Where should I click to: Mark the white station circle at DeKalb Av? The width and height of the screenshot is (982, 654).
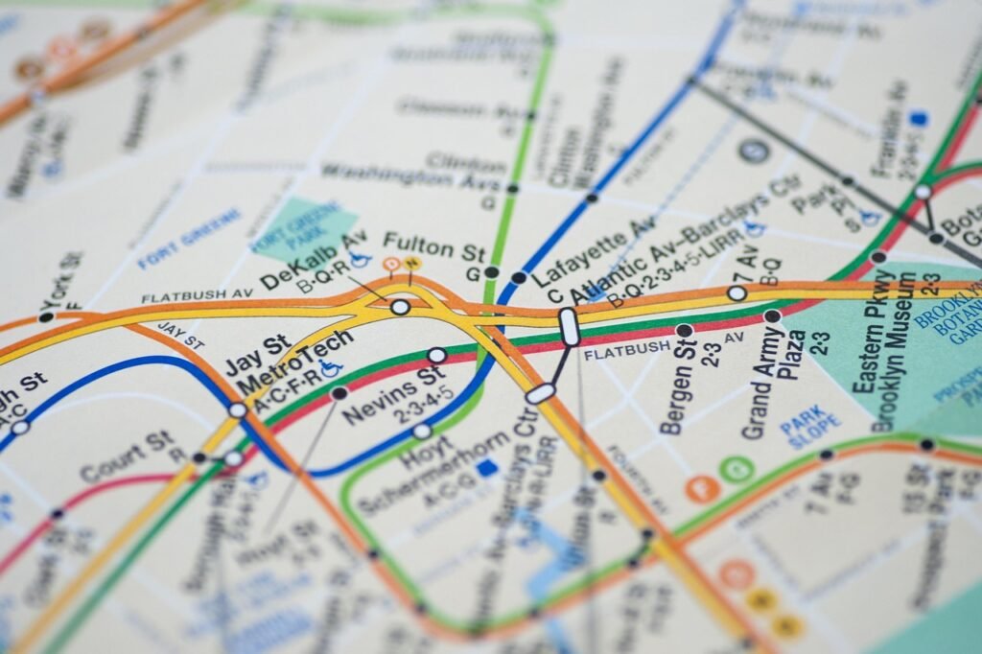point(400,307)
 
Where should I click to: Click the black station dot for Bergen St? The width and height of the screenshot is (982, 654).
point(684,331)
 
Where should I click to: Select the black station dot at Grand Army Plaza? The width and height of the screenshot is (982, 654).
point(772,315)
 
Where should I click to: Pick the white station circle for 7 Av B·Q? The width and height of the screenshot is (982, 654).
point(736,292)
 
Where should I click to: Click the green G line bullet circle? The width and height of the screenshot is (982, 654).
point(736,470)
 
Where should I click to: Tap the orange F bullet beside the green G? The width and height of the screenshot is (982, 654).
point(702,488)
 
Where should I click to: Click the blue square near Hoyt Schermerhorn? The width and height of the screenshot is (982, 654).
point(488,468)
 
